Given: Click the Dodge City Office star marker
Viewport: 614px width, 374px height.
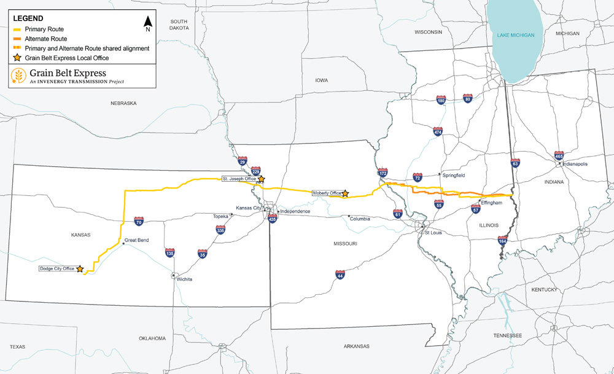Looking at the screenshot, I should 79,268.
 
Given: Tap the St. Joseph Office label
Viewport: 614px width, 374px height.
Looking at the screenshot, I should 239,179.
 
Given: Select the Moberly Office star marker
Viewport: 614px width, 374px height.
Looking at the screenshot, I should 345,193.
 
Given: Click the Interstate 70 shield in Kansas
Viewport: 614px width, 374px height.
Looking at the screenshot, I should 139,220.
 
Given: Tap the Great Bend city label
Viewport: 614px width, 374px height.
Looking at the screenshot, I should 136,240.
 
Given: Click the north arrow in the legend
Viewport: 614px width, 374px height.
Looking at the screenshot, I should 147,24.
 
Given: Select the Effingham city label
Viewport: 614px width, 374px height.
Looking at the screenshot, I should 492,203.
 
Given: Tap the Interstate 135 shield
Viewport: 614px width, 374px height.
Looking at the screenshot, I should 169,252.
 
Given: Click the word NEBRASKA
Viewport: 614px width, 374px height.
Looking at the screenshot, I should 123,103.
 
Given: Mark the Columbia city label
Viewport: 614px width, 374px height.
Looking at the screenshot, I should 359,218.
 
